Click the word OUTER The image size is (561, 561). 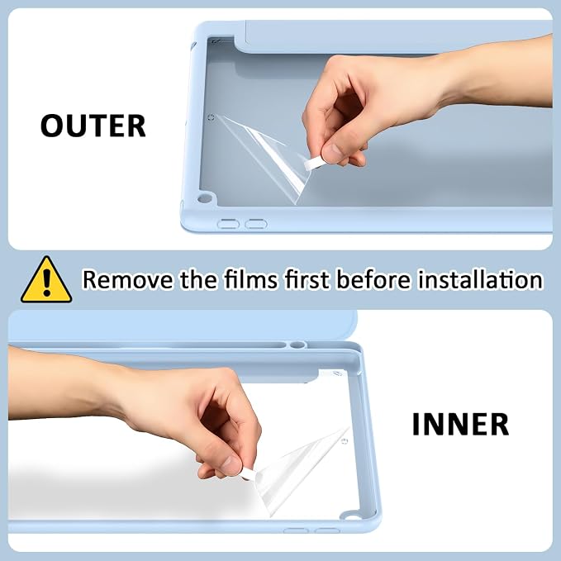[x=93, y=126]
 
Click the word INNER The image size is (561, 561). [x=460, y=425]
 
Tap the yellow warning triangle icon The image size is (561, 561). [x=46, y=280]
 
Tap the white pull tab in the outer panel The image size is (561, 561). [x=314, y=164]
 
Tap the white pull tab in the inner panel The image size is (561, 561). [x=249, y=474]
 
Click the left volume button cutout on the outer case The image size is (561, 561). [x=228, y=225]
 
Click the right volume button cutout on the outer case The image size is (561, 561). [x=256, y=225]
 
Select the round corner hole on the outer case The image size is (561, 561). [x=204, y=198]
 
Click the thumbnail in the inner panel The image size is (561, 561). [x=231, y=465]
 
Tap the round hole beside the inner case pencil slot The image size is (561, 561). [x=297, y=345]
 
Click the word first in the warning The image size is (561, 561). [x=307, y=279]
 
